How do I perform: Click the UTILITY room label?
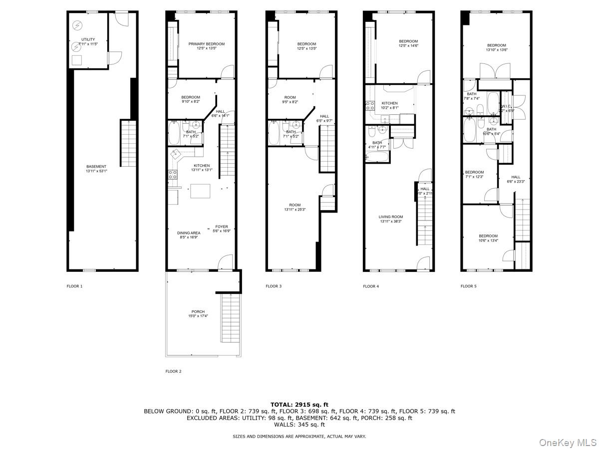[88, 39]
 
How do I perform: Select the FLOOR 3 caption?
[274, 286]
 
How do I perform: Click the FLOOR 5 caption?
[468, 286]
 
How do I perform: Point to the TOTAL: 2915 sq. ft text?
[299, 405]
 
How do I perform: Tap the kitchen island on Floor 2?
[200, 191]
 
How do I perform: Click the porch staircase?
[230, 318]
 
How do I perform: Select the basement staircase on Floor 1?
[128, 143]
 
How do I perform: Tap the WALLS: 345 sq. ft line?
[299, 425]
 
